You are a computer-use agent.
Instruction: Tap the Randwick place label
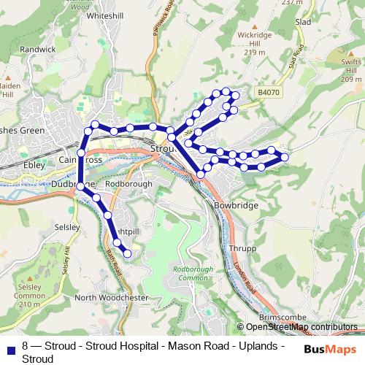(x=38, y=50)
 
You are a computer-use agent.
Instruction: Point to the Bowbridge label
(x=237, y=206)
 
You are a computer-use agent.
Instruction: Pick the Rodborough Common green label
(x=190, y=274)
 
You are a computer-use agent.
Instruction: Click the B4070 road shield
(x=268, y=93)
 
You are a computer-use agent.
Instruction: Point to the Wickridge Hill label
(x=253, y=44)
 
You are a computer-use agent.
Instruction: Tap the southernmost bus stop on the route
(x=127, y=253)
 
